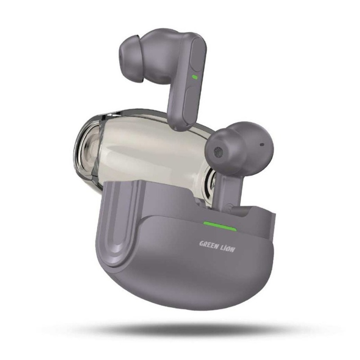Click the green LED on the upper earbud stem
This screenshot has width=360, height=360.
pos(195,77)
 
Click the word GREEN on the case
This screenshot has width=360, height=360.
pos(208,244)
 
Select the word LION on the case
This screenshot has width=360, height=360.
pos(228,248)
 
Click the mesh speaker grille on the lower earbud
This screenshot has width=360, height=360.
pos(218,152)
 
